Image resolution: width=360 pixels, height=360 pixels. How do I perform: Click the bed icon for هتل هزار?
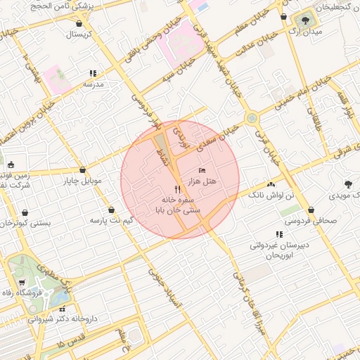click(202, 170)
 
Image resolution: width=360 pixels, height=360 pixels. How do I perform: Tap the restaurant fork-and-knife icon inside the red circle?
click(177, 189)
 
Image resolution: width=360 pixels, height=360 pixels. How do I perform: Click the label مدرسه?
click(94, 84)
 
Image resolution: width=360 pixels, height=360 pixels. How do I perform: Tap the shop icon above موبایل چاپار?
click(83, 169)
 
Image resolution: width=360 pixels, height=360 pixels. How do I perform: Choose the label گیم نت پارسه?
click(111, 220)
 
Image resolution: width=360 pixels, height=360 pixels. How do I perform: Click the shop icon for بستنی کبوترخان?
click(25, 212)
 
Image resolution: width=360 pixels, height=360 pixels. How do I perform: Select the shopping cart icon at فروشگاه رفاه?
click(22, 282)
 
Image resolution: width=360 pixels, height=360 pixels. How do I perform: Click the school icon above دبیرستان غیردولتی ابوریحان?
click(279, 234)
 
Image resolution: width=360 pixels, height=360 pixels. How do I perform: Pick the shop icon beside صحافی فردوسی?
click(311, 210)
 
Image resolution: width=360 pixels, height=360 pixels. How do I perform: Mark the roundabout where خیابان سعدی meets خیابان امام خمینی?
click(251, 118)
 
